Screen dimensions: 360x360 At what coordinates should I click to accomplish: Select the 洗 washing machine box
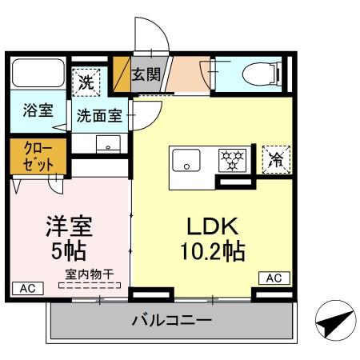[x=86, y=80]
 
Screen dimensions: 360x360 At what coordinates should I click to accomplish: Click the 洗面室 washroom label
[x=99, y=115]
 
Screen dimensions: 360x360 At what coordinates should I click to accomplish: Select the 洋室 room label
[x=69, y=224]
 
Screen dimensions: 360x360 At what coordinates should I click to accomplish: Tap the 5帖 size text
[x=69, y=250]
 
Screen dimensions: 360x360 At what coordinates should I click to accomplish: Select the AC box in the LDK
[x=273, y=278]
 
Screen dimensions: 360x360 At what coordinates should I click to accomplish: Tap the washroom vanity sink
[x=105, y=143]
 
